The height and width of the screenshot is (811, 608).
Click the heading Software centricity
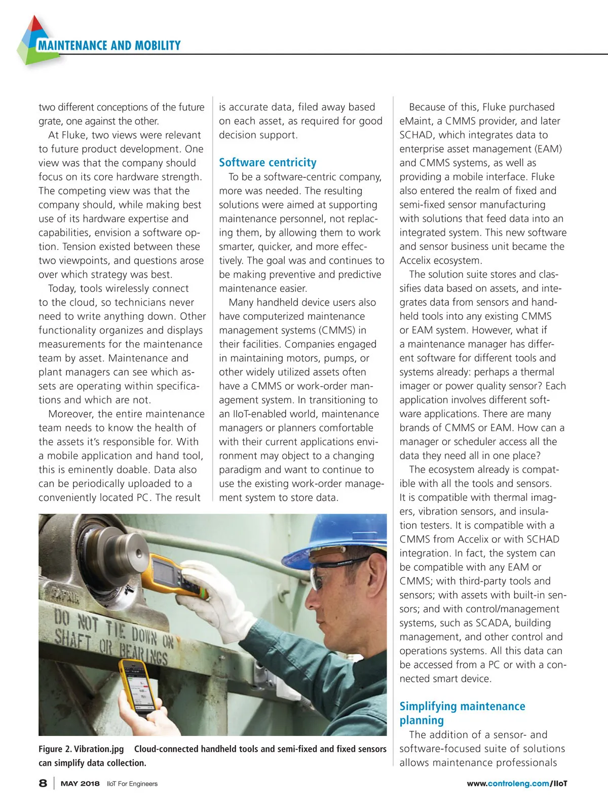point(268,163)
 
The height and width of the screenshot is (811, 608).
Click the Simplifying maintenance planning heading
point(462,713)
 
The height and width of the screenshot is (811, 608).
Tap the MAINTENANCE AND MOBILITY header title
point(109,46)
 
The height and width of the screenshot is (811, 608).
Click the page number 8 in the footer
point(43,783)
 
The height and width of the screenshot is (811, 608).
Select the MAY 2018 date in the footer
point(80,784)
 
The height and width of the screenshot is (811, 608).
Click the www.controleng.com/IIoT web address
point(517,784)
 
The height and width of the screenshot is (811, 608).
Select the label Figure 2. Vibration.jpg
point(81,749)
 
